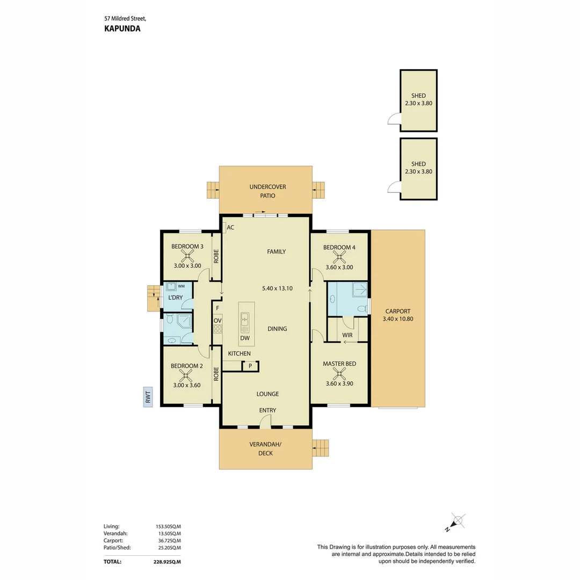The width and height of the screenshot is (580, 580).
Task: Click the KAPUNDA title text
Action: (122, 29)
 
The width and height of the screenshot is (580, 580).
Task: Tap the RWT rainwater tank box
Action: (148, 397)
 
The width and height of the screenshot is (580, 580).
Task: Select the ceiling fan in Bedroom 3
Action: (187, 256)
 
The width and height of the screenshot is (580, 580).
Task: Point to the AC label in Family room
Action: (230, 228)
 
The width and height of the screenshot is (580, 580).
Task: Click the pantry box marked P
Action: (250, 366)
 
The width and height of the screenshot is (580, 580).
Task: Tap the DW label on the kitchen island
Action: (245, 338)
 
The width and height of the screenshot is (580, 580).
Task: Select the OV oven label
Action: (218, 321)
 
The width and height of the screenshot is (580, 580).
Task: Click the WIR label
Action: (347, 335)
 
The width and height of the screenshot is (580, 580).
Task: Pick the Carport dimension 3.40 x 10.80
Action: (398, 319)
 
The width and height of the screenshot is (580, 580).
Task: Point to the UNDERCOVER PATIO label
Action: (267, 191)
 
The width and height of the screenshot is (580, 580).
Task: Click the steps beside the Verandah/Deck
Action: (321, 447)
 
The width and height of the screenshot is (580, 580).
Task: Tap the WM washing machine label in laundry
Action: (181, 286)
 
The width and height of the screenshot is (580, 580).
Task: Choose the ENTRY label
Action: (267, 410)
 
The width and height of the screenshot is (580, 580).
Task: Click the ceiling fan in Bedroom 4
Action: (339, 257)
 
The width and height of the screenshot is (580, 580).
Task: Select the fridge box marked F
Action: (217, 308)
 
